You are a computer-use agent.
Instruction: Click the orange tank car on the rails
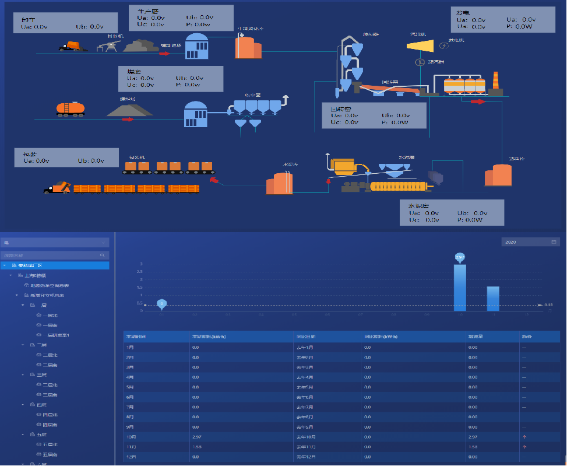tap(69, 108)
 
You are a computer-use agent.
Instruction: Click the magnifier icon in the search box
tap(102, 255)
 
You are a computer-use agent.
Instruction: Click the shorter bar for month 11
tap(493, 299)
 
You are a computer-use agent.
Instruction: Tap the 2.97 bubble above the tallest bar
tap(460, 257)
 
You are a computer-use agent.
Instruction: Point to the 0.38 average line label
tap(548, 305)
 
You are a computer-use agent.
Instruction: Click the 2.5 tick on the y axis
tap(140, 272)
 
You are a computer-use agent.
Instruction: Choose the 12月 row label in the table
tap(130, 457)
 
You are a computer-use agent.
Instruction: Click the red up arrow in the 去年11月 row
tap(524, 447)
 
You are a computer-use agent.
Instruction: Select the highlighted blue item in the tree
tap(55, 265)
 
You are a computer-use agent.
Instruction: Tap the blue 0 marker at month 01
tap(162, 303)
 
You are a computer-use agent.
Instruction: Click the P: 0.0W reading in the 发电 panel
tap(519, 27)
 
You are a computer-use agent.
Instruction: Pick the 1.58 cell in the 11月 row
tap(196, 447)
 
